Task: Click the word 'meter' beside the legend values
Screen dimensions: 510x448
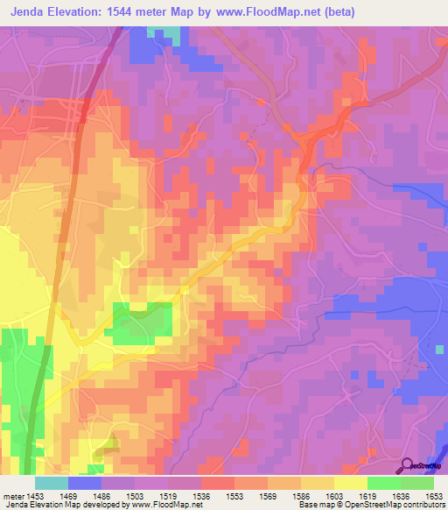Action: (x=15, y=495)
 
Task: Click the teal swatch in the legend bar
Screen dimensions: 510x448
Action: (x=51, y=483)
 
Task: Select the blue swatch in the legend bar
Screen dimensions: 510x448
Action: (x=84, y=483)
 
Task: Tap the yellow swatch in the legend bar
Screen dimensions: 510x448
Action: (x=350, y=483)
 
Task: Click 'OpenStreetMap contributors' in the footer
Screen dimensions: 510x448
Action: (x=397, y=506)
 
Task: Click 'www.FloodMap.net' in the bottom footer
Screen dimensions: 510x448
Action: (x=164, y=506)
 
